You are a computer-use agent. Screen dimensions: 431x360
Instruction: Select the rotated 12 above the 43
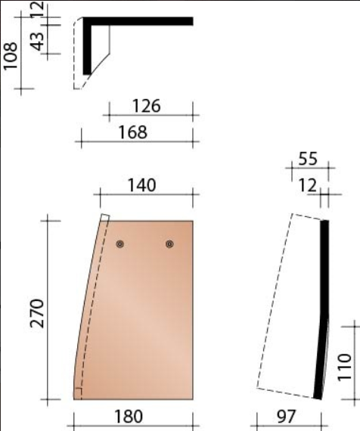pos(36,10)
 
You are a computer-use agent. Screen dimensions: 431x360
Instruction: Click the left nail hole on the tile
pos(119,243)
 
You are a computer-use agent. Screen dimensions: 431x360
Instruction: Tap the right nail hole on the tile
pos(169,243)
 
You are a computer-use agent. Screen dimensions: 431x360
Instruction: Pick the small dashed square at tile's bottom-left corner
pos(77,392)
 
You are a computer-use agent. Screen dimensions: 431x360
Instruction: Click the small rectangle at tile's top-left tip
pos(105,219)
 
